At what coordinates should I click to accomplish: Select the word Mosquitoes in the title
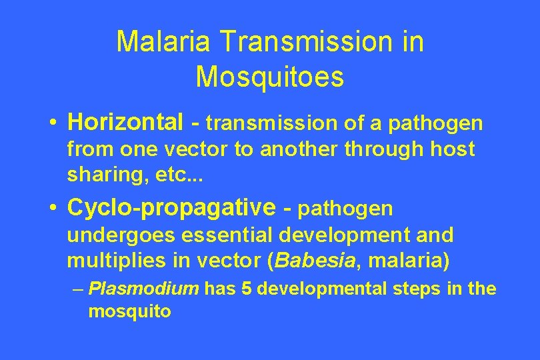(270, 77)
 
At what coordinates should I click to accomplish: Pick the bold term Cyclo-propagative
(171, 208)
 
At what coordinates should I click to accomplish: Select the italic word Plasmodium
(144, 289)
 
